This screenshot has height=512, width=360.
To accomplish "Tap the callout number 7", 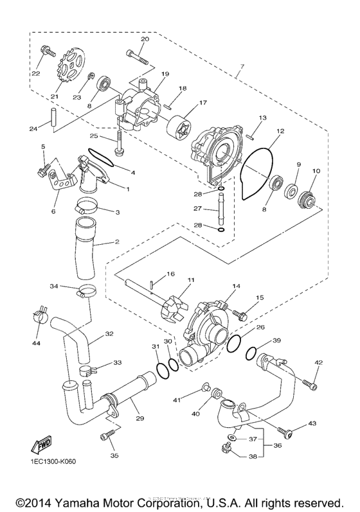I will [240, 67].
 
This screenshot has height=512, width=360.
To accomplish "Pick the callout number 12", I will [280, 131].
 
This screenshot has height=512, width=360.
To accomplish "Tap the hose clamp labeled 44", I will [39, 315].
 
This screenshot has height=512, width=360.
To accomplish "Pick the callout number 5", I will [43, 147].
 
